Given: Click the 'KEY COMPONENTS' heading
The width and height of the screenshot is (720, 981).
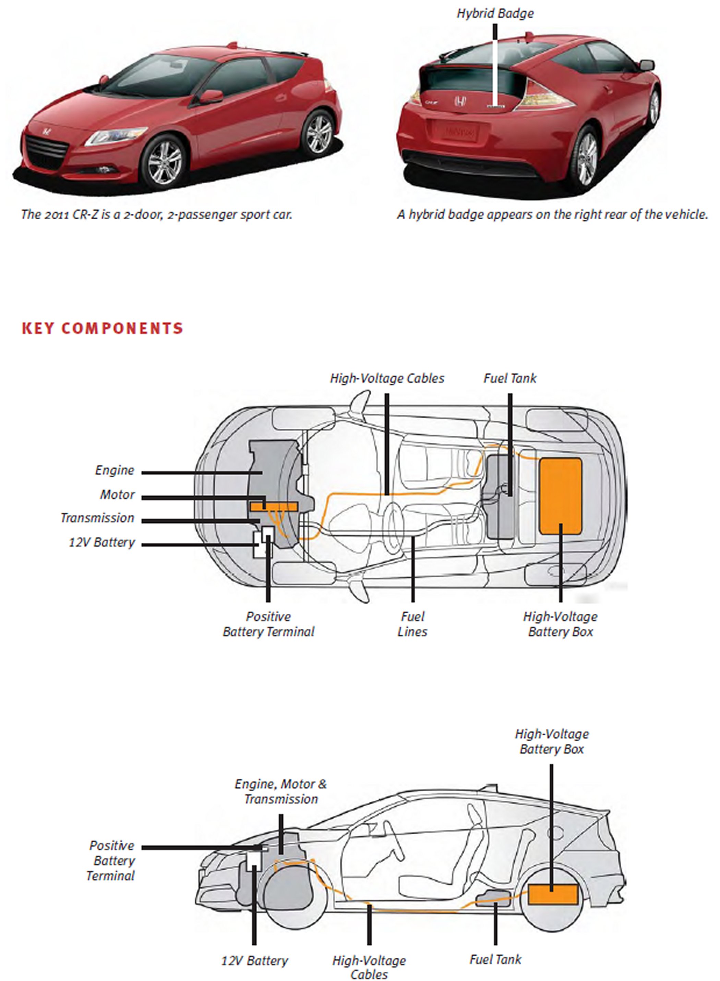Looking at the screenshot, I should pos(103,328).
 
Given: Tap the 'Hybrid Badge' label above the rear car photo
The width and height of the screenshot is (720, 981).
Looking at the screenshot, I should pos(495,13).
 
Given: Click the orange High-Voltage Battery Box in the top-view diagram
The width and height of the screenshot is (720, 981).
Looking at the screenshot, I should pos(561,496).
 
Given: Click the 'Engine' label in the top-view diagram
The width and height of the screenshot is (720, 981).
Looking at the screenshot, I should pos(115,470).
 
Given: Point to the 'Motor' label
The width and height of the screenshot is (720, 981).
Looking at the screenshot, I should pos(117,495).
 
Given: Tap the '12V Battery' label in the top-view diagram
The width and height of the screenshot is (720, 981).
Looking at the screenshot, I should pos(102,542).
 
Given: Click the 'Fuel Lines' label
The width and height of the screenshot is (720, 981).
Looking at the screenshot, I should pos(412,624).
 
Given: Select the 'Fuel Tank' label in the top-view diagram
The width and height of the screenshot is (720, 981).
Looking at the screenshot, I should pos(510,378).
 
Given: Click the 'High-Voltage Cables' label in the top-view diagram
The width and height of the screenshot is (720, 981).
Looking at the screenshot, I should pos(387,378).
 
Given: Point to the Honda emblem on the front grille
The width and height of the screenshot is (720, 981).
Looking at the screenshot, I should pos(46,132).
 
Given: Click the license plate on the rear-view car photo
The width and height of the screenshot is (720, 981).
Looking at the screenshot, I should pos(455,130).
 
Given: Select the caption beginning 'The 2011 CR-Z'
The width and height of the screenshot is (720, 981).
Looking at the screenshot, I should pos(156,214).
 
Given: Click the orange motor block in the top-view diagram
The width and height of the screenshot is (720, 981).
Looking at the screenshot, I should pos(273,506).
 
